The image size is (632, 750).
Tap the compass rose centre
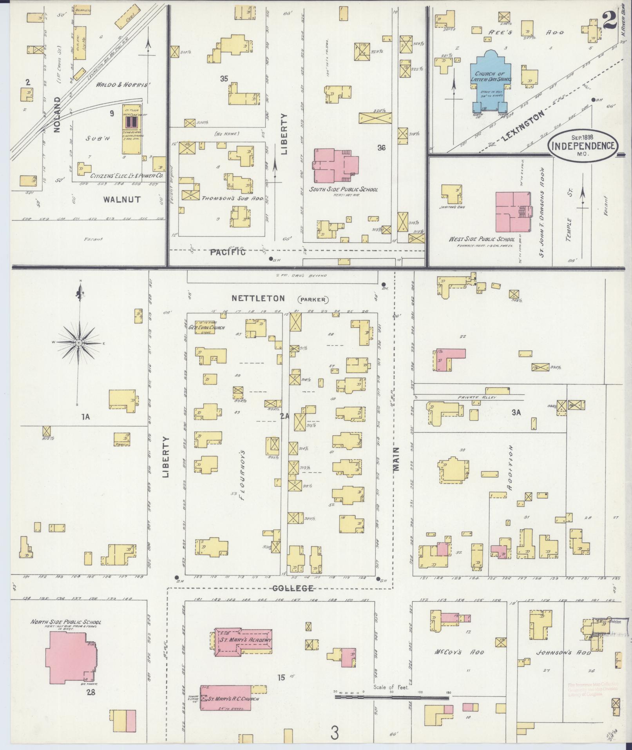(x=79, y=343)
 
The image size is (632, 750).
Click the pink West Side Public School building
(x=511, y=212)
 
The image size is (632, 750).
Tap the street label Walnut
(x=122, y=200)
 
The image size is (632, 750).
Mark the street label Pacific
(x=228, y=252)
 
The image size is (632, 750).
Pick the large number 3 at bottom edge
(x=334, y=733)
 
